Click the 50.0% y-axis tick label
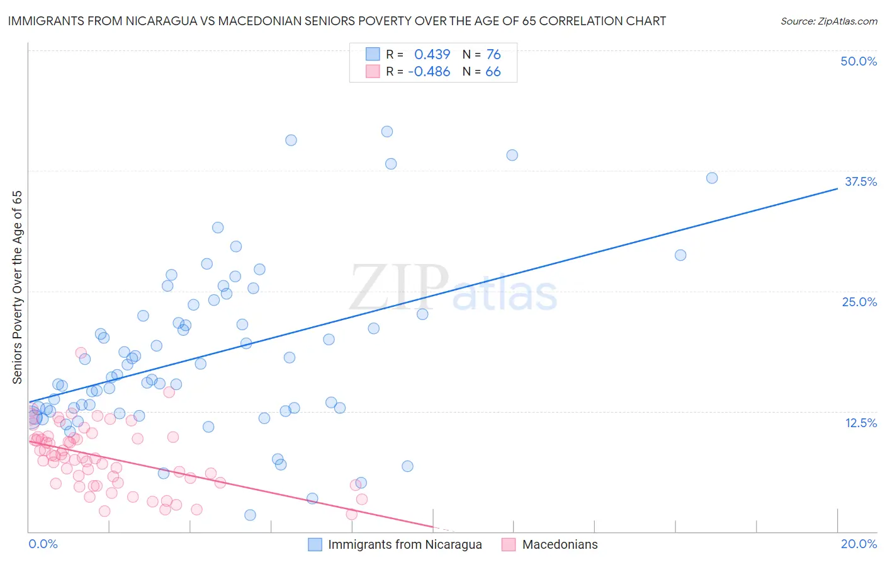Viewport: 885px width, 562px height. pos(859,61)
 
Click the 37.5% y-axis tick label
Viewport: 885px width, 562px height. pos(860,181)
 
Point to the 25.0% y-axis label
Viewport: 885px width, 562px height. pos(859,302)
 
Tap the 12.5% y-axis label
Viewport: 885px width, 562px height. pos(860,423)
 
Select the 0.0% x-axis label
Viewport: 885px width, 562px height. pos(43,544)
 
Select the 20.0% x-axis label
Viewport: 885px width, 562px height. pos(859,544)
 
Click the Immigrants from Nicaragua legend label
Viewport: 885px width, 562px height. pos(405,544)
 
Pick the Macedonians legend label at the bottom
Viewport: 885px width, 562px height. pos(560,544)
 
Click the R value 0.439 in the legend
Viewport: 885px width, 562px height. pos(432,55)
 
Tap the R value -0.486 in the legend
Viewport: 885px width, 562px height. pos(429,72)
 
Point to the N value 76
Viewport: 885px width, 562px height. pos(493,55)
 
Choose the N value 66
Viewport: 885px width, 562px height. pos(493,72)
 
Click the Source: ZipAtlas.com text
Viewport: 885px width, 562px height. pos(828,21)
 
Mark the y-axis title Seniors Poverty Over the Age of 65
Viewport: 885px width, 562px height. pos(18,287)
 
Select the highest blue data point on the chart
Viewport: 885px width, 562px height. pos(387,132)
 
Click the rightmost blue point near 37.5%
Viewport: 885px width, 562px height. pos(712,178)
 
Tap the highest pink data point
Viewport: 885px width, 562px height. pos(81,353)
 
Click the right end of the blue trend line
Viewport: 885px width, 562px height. pos(837,188)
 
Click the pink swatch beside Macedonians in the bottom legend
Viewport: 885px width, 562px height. pos(509,544)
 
